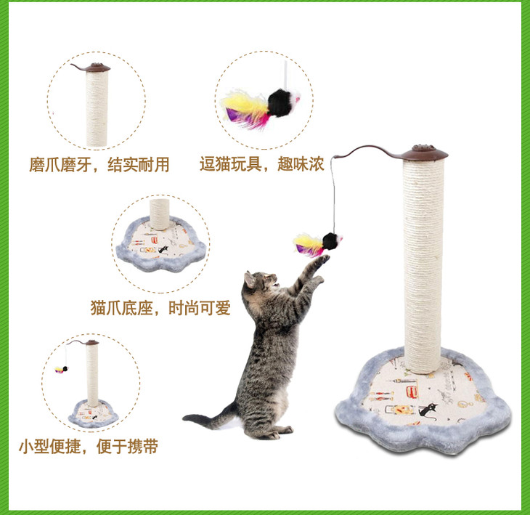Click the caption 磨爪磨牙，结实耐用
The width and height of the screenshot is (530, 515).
click(99, 165)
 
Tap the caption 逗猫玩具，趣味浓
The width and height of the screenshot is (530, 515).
click(262, 164)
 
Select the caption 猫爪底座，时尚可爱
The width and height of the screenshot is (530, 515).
click(160, 308)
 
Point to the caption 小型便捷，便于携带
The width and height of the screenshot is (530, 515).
click(89, 446)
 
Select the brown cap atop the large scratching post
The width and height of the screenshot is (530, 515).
click(425, 154)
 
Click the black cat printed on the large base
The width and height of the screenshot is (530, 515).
click(427, 410)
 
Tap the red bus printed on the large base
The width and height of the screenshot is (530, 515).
click(412, 392)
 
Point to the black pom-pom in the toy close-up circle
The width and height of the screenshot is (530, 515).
click(281, 102)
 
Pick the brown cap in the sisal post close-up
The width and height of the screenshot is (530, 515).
click(97, 68)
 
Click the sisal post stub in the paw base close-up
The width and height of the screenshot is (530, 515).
click(160, 214)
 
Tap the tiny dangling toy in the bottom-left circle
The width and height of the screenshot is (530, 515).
click(62, 369)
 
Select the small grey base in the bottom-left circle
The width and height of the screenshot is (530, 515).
click(94, 413)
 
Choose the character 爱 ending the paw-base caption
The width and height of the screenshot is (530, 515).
click(223, 308)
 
